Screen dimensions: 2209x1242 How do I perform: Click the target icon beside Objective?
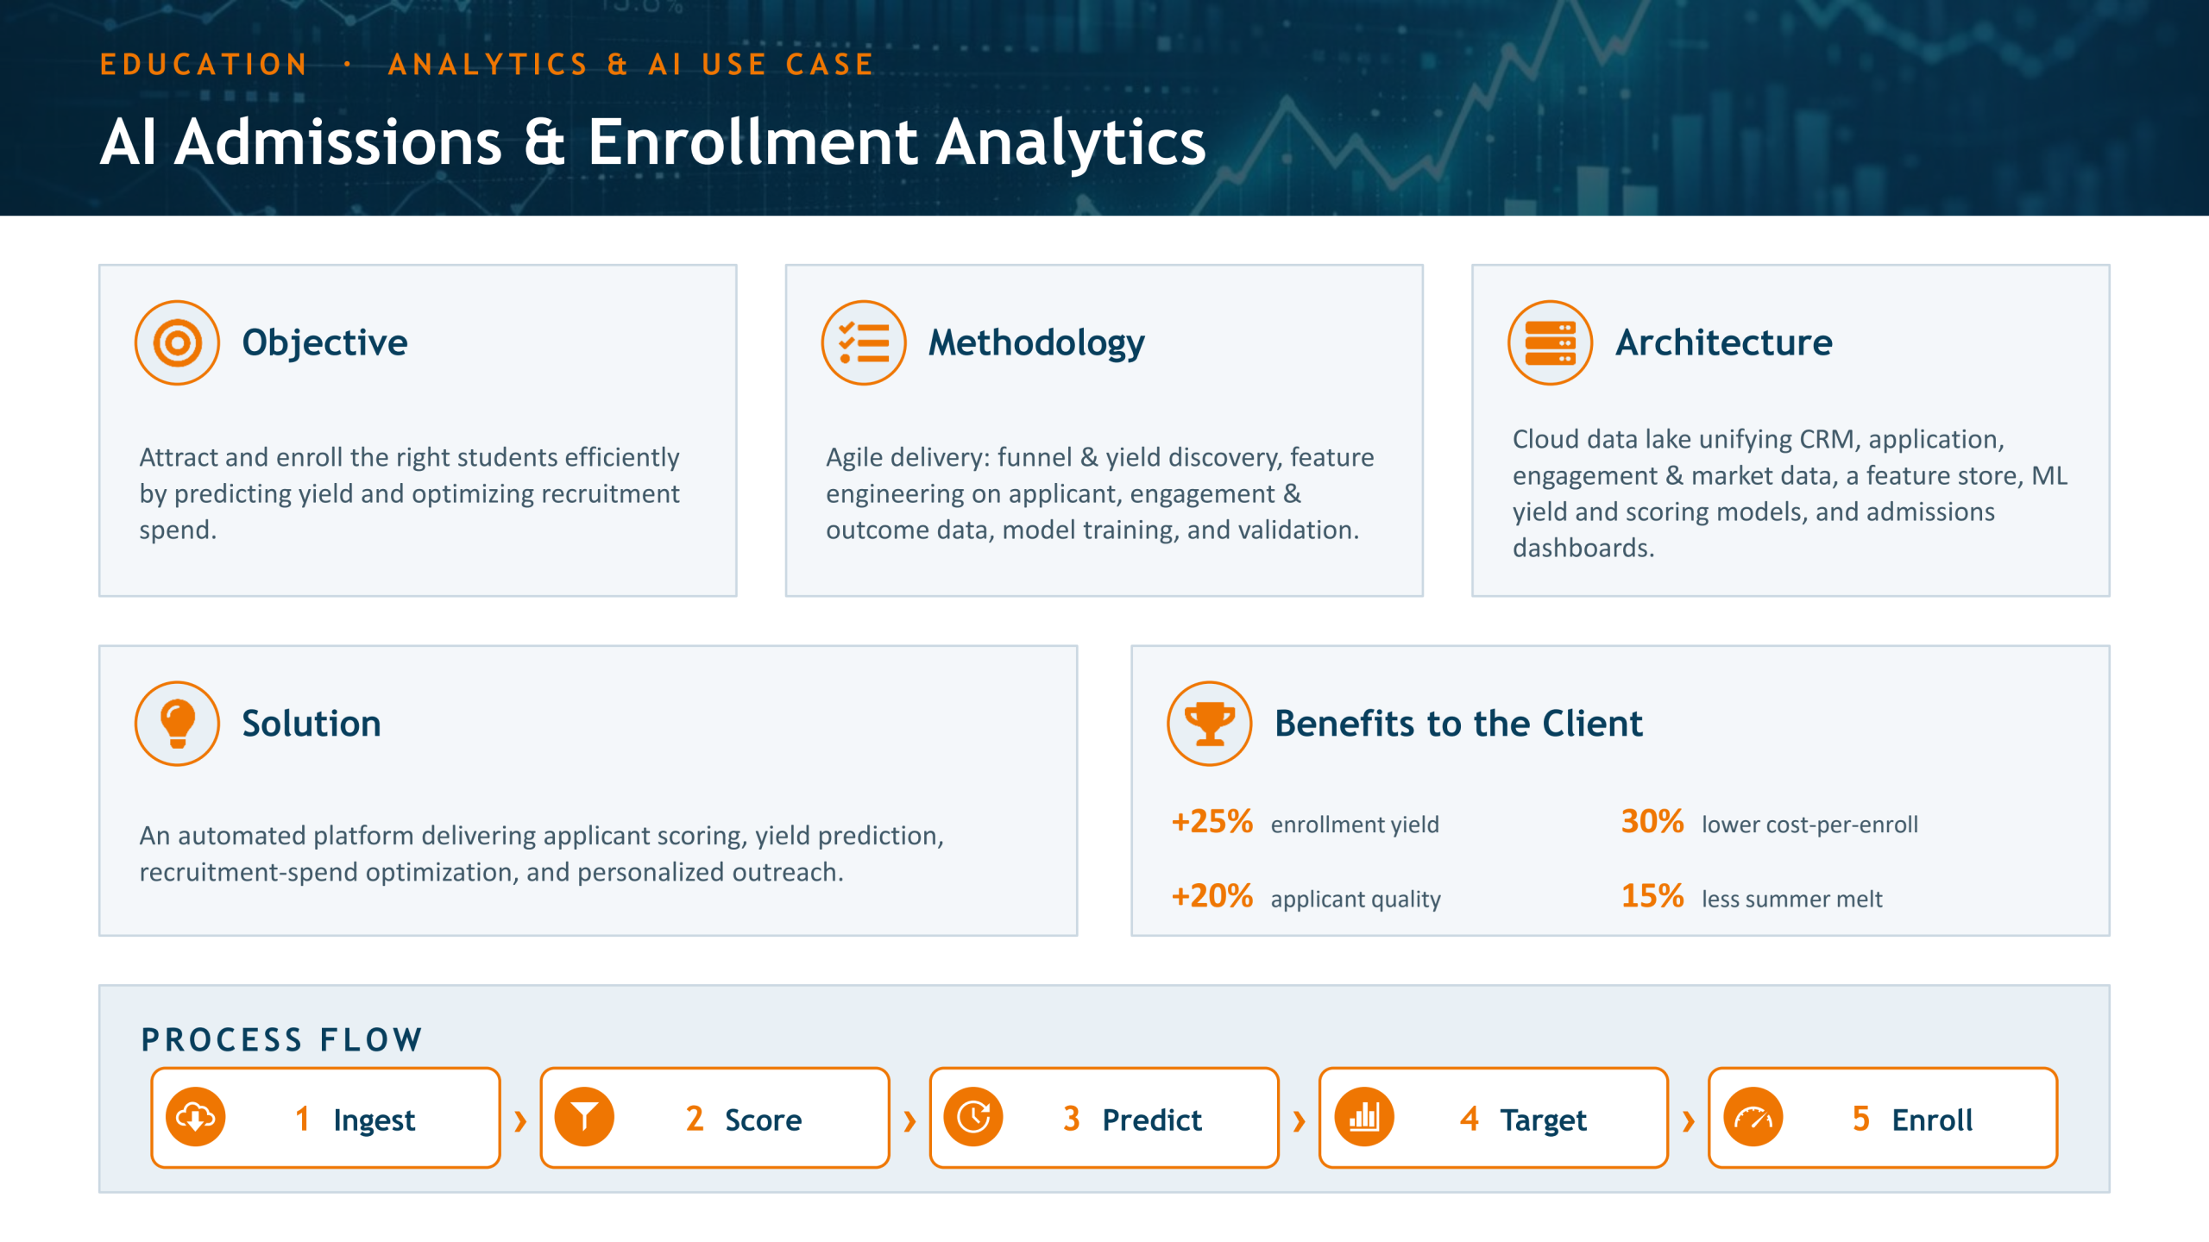177,342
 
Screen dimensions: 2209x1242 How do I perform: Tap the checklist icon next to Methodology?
864,342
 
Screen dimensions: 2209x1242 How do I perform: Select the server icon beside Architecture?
1550,342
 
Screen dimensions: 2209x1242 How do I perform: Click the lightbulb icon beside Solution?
177,724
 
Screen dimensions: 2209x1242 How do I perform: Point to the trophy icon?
1210,724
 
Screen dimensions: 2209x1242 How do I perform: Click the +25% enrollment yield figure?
1212,822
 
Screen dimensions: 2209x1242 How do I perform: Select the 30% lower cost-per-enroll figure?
1652,822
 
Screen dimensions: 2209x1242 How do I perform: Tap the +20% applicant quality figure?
1212,896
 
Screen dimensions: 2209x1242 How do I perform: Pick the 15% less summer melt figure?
1652,896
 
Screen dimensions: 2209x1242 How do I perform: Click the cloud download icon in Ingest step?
196,1118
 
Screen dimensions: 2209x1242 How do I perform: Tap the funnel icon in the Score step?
585,1118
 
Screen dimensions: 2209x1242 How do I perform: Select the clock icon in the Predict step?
974,1118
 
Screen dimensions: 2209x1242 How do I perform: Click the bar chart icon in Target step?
1364,1118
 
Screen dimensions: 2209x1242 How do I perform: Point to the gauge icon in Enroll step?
1753,1118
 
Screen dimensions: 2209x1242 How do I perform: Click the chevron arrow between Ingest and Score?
520,1121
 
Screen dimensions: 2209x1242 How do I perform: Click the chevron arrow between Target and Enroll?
1689,1121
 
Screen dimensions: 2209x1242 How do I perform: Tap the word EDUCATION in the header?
204,65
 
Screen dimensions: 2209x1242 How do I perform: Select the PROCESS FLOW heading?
282,1040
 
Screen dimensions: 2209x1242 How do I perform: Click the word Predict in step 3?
1152,1120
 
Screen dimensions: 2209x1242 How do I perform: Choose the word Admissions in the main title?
338,142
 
